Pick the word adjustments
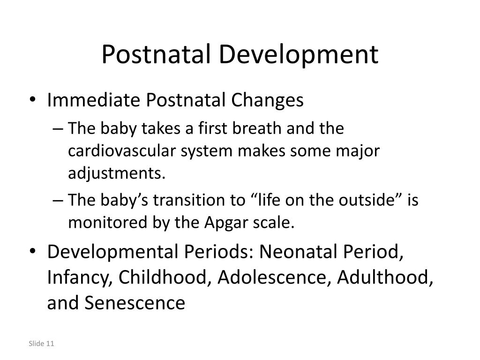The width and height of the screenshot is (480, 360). pos(117,174)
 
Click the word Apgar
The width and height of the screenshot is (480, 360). pos(223,223)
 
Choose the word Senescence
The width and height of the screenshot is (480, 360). pos(135,303)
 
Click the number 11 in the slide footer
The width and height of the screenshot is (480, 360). pos(51,344)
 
